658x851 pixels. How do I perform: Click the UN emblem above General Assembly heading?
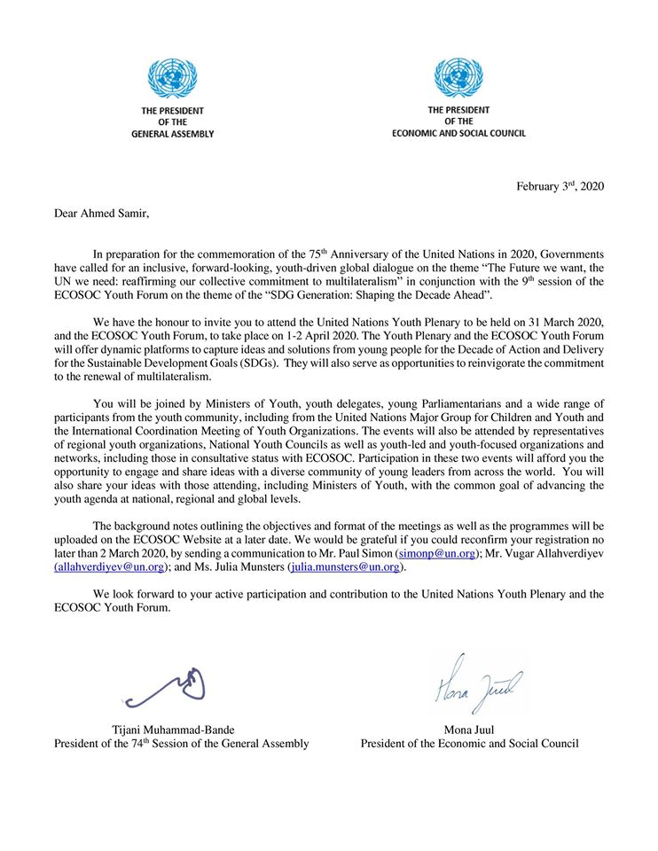173,79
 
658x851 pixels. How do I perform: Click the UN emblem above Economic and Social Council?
458,78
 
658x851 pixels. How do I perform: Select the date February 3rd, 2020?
560,185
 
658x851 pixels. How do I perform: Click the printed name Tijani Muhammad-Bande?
174,730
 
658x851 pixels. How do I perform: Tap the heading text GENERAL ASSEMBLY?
173,134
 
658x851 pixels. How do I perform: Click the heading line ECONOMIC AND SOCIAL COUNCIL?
458,133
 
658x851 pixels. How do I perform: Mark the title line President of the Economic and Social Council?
469,744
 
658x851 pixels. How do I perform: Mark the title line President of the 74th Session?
182,744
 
